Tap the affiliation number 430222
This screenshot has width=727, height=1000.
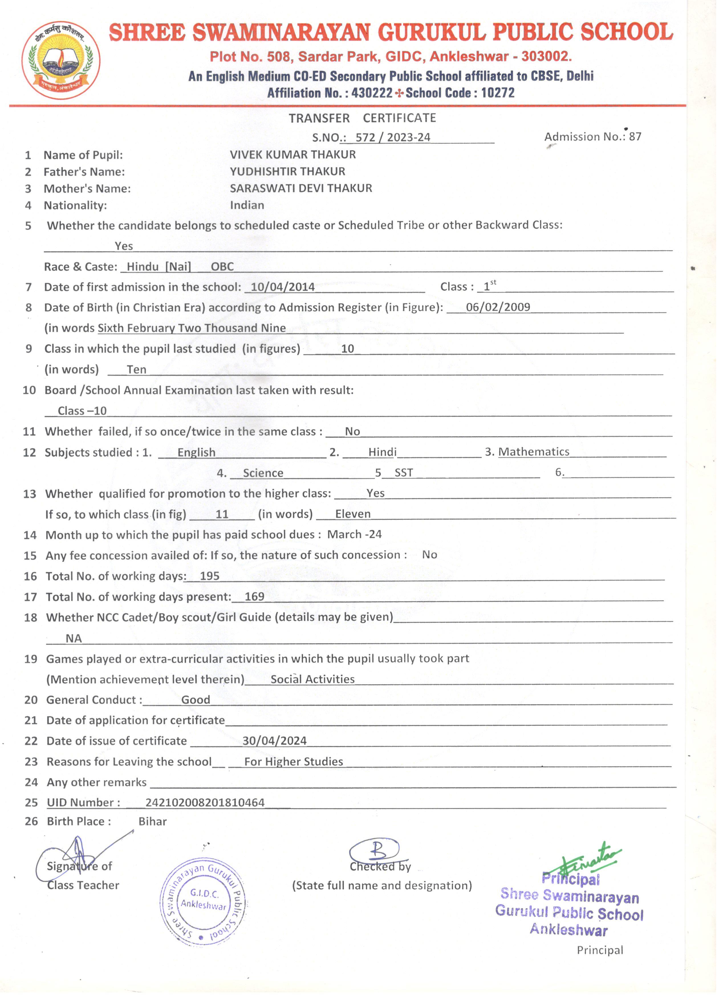(x=372, y=93)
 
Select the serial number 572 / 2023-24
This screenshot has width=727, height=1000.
(x=392, y=137)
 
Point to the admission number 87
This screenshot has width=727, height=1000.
(x=635, y=137)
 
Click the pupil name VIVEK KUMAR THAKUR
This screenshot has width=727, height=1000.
(x=293, y=155)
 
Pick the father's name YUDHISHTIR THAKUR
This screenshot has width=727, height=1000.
(x=287, y=172)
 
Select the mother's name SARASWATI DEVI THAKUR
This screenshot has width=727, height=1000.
(x=301, y=188)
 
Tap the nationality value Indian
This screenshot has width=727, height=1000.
(x=247, y=206)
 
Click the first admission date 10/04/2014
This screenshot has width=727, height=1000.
(x=283, y=287)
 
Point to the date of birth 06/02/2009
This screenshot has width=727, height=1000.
(x=498, y=307)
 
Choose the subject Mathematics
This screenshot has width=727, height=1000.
(x=533, y=452)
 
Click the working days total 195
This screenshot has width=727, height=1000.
(x=210, y=576)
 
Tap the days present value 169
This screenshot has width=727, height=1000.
(x=254, y=597)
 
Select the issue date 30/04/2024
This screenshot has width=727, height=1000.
(x=274, y=741)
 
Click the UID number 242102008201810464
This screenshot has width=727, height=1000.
(x=205, y=802)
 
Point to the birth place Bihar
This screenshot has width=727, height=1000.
(x=153, y=822)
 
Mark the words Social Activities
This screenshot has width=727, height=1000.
(x=312, y=679)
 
